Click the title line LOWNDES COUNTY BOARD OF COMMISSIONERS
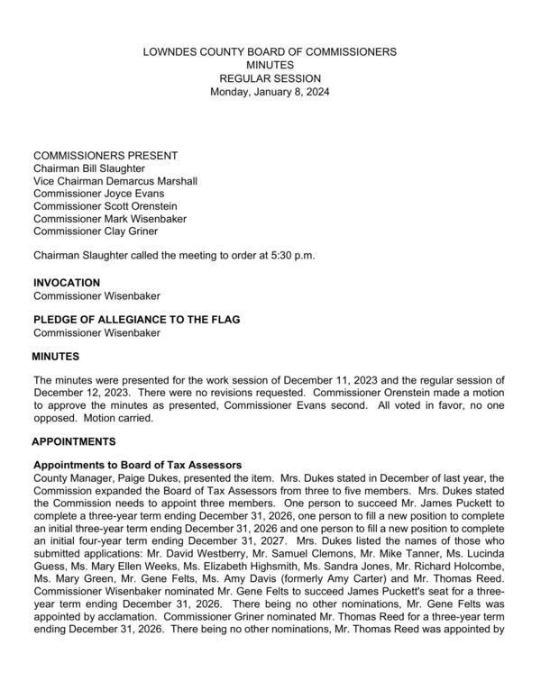(x=270, y=52)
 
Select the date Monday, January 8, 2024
(x=270, y=92)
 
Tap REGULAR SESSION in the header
(x=270, y=78)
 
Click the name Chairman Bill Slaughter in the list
(x=88, y=168)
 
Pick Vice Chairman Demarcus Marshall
(x=115, y=181)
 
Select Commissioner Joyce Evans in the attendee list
(x=98, y=194)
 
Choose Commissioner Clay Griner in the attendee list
(x=96, y=231)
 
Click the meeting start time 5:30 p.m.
(x=288, y=256)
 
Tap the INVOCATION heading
(x=67, y=283)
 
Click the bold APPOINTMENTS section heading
(x=86, y=441)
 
